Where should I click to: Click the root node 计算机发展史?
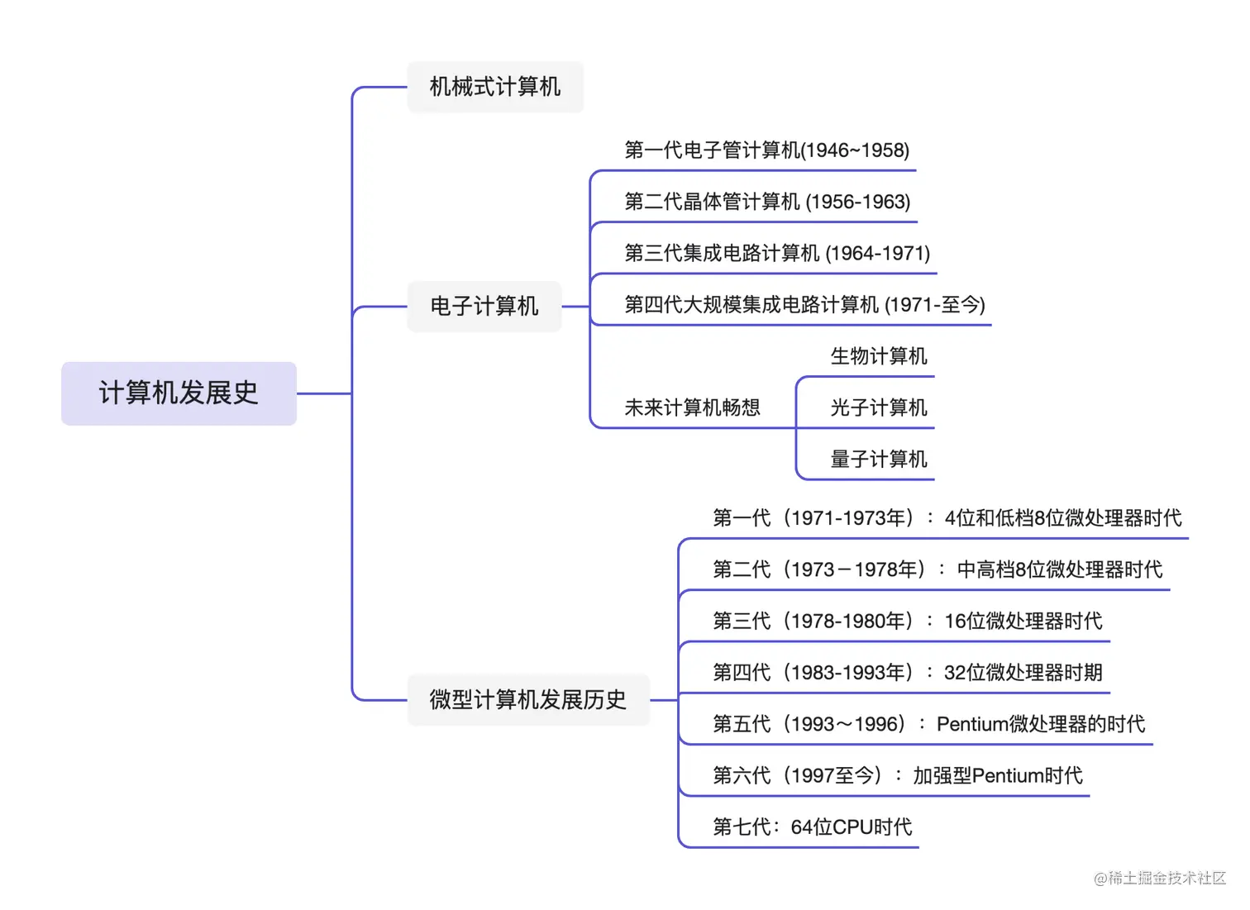click(x=179, y=393)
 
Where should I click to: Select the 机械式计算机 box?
click(x=495, y=87)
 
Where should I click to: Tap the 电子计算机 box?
click(x=484, y=307)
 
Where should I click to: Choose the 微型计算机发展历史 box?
click(x=528, y=700)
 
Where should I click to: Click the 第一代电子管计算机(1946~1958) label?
click(x=766, y=150)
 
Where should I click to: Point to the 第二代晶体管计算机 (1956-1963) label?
click(x=767, y=202)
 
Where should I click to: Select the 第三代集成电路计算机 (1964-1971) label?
click(x=777, y=253)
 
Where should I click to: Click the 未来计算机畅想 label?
click(x=692, y=407)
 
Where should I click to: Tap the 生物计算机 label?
click(x=879, y=356)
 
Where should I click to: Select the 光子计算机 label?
click(x=879, y=407)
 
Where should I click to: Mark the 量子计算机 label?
click(x=879, y=460)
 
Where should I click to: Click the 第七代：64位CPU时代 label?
click(x=813, y=827)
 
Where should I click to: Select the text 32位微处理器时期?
click(x=1023, y=673)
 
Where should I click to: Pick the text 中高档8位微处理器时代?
click(x=1060, y=569)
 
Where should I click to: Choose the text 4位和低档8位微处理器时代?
click(x=1063, y=518)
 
